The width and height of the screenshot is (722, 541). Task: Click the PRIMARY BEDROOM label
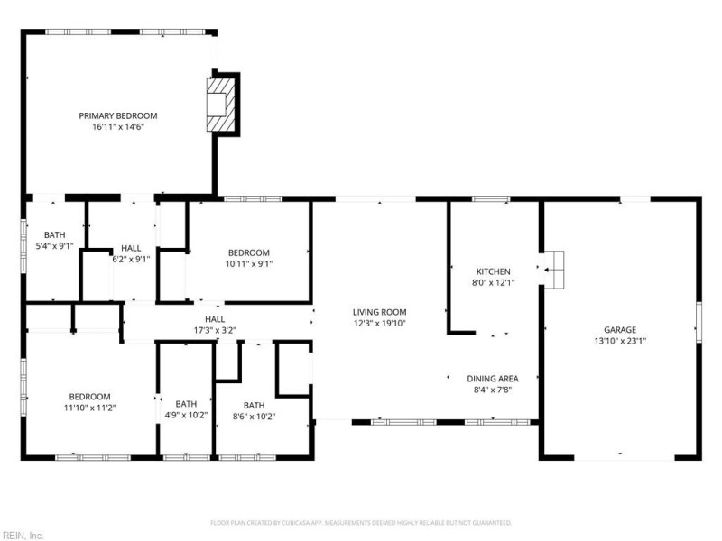118,115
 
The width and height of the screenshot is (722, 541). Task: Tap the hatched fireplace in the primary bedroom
220,104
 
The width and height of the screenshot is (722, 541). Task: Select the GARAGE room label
620,330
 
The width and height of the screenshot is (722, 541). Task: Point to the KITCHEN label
494,271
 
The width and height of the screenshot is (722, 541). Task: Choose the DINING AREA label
494,379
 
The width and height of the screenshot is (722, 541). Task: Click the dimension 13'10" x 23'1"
620,341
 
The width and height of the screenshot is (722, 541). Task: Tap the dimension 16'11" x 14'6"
118,127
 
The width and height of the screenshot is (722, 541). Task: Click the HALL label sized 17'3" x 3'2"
215,318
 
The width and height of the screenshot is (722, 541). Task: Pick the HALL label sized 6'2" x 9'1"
131,247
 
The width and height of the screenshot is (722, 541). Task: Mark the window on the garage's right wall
699,322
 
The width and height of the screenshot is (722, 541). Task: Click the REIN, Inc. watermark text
23,535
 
